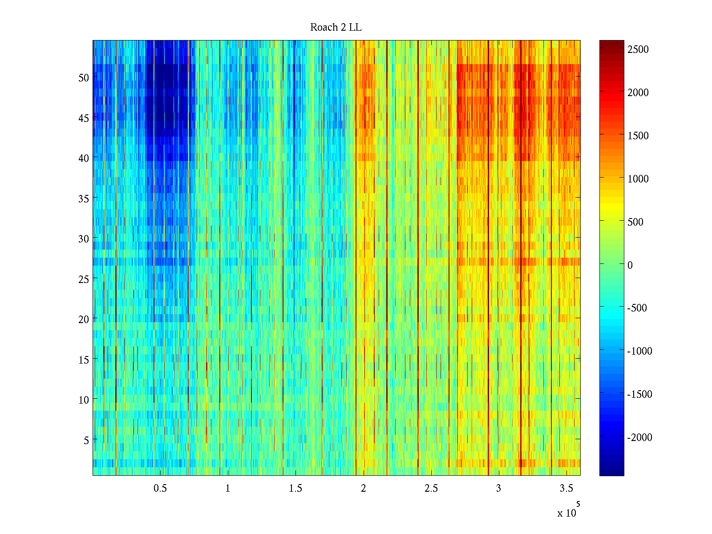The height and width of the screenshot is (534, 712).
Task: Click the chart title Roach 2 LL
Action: tap(336, 28)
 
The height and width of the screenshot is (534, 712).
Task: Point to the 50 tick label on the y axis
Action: tap(84, 78)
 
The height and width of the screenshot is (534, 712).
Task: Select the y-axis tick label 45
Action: tap(84, 118)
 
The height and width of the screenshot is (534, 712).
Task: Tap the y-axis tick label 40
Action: tap(84, 158)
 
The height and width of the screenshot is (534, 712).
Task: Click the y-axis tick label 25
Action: tap(84, 279)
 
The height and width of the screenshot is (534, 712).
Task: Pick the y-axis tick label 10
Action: tap(84, 400)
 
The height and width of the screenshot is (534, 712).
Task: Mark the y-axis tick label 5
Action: tap(86, 441)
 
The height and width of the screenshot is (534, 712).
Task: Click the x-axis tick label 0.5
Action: tap(160, 489)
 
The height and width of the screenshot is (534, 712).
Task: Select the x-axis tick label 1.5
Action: tap(295, 489)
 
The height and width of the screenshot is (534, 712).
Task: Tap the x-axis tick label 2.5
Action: tap(431, 489)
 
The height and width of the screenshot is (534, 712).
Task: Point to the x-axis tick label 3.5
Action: tap(566, 489)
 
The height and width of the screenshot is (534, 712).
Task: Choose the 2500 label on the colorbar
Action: tap(638, 49)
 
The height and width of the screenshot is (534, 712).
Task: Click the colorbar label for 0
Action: tap(630, 265)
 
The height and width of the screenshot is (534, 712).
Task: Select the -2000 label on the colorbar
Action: tap(640, 438)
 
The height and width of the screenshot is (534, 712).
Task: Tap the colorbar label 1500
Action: tap(638, 136)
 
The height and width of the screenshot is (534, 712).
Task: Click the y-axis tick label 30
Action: tap(84, 239)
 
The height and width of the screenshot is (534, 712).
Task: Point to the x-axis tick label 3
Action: tap(498, 489)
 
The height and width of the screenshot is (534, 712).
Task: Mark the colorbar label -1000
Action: tap(640, 351)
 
